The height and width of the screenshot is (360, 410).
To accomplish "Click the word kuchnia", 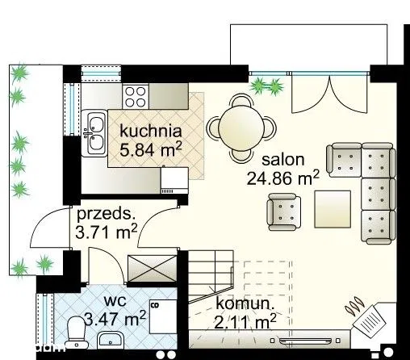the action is (x=151, y=131).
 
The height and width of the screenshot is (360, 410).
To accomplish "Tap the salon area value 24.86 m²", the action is (x=283, y=178).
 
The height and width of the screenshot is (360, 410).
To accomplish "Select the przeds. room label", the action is (x=106, y=215).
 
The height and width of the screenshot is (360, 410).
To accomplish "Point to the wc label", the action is (x=115, y=300).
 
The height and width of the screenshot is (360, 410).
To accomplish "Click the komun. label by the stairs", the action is (x=245, y=303).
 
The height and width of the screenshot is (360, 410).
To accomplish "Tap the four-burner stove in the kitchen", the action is (x=136, y=97).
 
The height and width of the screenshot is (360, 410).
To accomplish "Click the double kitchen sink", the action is (x=94, y=133).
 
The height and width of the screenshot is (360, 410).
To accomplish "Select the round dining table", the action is (x=241, y=128).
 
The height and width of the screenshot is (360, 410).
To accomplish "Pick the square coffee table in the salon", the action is (x=333, y=209).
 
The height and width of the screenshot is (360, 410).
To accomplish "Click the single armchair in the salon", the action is (x=283, y=211).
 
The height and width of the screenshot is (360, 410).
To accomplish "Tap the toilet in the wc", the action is (x=77, y=333).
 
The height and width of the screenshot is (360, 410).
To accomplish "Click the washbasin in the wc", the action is (x=110, y=340).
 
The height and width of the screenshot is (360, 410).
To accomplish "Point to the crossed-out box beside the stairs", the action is (x=153, y=269).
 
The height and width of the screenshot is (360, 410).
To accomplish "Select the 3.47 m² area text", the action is (x=115, y=318).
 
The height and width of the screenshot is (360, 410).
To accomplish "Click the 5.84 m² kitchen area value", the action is (x=151, y=149).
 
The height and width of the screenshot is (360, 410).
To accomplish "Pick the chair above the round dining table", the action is (x=241, y=99).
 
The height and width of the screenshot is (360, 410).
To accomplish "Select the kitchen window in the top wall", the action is (x=101, y=73).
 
